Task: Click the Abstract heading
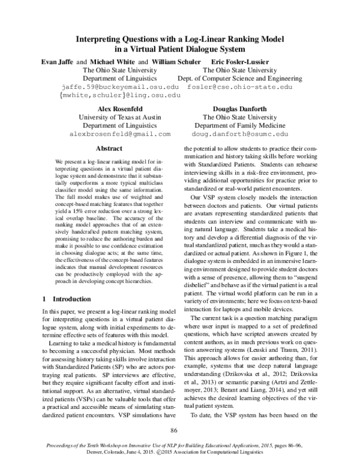[109, 148]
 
